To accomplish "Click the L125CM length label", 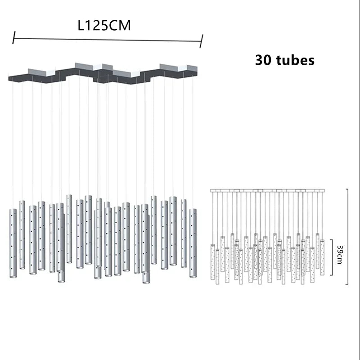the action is point(104,25).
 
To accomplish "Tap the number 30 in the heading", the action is point(263,60).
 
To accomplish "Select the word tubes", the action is point(295,60).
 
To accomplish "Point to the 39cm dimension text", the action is point(340,255).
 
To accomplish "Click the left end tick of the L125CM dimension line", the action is point(14,38).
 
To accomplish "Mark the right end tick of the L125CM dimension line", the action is point(201,41).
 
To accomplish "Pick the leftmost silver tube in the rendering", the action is point(13,243).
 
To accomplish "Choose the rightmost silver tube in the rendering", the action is point(193,243).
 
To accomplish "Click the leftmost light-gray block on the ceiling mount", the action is point(41,72).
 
